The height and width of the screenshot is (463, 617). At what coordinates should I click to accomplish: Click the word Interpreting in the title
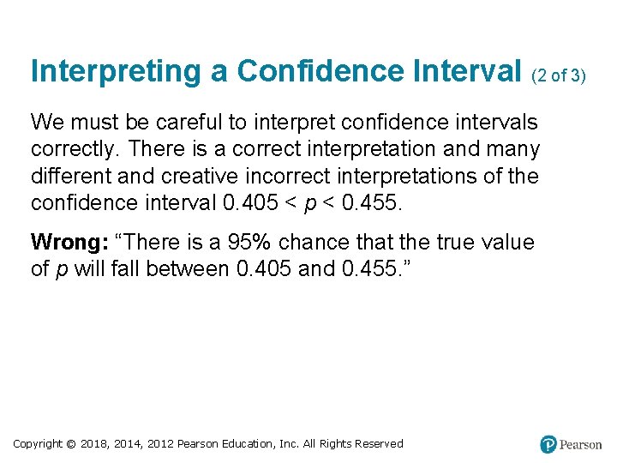pos(107,72)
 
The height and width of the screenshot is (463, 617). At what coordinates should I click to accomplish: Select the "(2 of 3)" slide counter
pos(559,75)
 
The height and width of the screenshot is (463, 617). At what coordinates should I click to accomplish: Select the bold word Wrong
pos(64,243)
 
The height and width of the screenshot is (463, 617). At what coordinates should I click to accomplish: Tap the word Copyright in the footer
pos(38,443)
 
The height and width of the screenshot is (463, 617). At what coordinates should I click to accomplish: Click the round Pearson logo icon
pos(548,444)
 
